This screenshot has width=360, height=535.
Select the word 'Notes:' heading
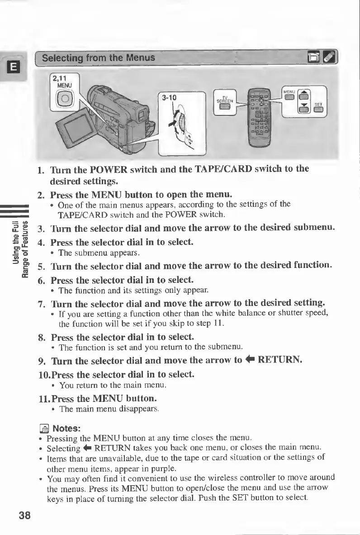point(67,428)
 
